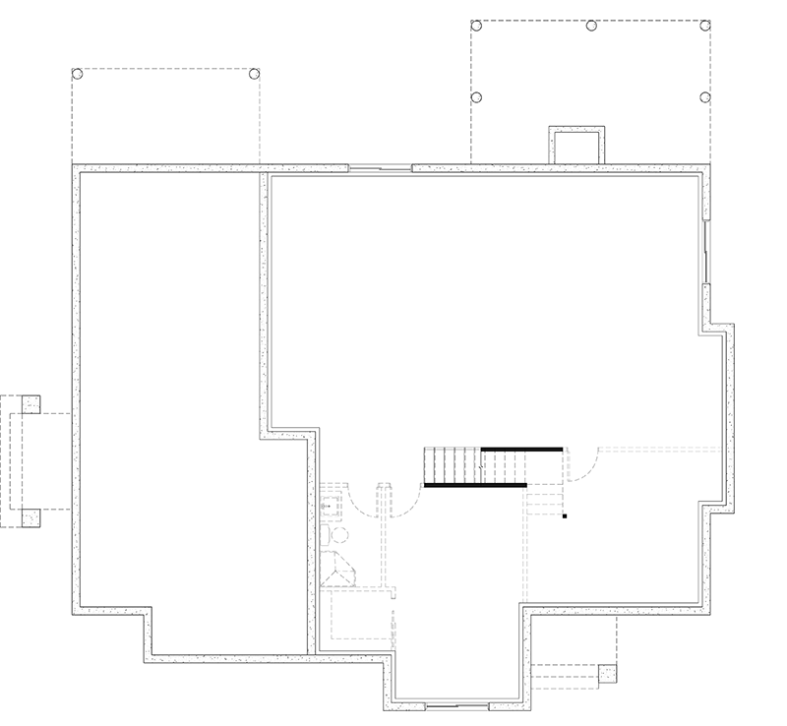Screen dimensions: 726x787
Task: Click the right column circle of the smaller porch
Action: point(254,74)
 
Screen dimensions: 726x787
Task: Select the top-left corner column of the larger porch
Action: point(476,26)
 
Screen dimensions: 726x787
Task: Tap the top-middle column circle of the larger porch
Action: point(591,26)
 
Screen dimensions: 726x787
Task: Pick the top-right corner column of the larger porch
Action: point(704,26)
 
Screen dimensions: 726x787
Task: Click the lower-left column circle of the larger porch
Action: point(476,97)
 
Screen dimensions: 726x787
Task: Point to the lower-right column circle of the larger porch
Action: point(704,97)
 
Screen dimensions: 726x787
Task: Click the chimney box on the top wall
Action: point(576,146)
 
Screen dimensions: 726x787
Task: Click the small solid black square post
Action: point(565,515)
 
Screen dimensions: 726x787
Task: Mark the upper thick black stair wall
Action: point(521,449)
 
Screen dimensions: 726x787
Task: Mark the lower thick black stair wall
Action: point(475,485)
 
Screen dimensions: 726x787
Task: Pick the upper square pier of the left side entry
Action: point(30,403)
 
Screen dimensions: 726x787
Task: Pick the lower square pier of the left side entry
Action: point(30,517)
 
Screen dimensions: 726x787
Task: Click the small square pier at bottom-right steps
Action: point(607,674)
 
